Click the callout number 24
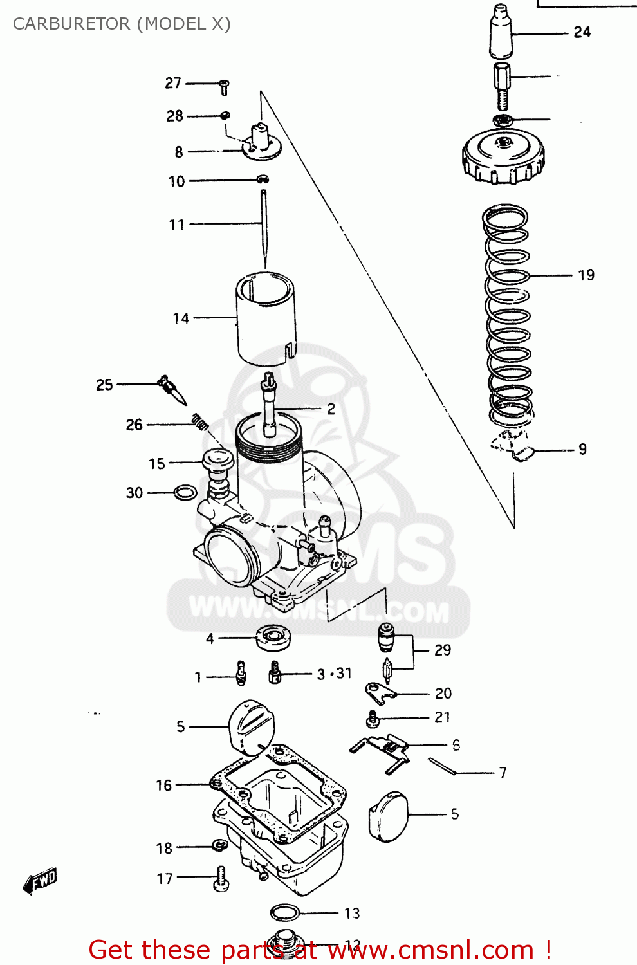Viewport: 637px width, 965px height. coord(582,32)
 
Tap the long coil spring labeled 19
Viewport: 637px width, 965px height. coord(508,315)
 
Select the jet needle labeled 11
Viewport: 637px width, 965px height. coord(264,225)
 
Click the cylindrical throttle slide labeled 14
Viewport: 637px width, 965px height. coord(266,318)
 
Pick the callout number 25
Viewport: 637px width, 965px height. coord(104,385)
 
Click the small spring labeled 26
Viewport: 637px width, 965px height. coord(200,422)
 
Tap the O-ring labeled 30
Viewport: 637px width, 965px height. coord(185,493)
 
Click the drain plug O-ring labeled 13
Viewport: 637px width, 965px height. coord(285,912)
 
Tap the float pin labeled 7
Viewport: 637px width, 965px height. coord(442,766)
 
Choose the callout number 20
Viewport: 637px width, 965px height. coord(443,694)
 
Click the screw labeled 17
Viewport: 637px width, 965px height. coord(220,878)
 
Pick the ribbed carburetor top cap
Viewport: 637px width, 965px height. coord(503,158)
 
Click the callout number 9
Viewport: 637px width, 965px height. coord(582,449)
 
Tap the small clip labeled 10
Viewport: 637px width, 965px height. coord(263,179)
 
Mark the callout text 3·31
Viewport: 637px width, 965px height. coord(335,674)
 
